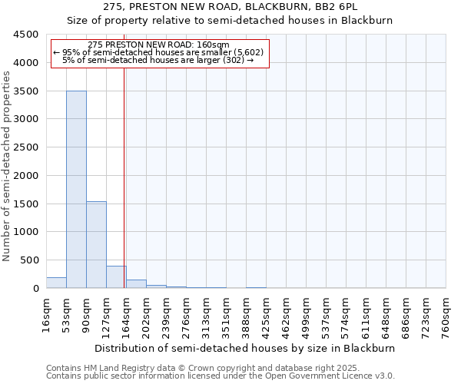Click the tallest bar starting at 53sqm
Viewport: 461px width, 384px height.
tap(76, 189)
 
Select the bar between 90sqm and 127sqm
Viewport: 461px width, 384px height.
tap(96, 244)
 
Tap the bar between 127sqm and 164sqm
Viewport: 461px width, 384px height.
tap(116, 276)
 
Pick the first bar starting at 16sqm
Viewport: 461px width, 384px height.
tap(56, 283)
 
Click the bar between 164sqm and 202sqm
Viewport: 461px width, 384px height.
tap(136, 283)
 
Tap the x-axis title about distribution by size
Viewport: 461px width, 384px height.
tap(246, 348)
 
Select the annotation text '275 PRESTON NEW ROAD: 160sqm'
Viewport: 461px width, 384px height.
tap(158, 45)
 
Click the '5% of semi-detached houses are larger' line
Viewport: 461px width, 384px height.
tap(158, 60)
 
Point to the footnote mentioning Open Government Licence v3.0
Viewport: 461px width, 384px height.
tap(221, 376)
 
